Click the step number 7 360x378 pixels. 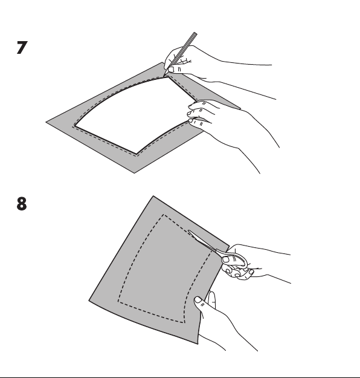point(22,48)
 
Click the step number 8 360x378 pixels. point(22,204)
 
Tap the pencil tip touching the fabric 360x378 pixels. point(164,76)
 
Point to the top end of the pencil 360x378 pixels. point(195,33)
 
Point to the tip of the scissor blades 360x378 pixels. point(189,230)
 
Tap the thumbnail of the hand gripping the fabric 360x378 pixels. point(198,299)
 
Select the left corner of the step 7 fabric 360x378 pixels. point(46,122)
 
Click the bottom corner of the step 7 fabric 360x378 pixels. point(134,173)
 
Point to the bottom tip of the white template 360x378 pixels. point(137,154)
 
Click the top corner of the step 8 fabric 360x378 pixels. point(153,196)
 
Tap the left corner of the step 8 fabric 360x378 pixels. point(89,301)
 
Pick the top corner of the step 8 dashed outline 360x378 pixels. point(164,214)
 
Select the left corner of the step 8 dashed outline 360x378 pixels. point(118,301)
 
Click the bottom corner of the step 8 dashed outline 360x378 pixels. point(184,322)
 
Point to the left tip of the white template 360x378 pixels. point(74,126)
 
